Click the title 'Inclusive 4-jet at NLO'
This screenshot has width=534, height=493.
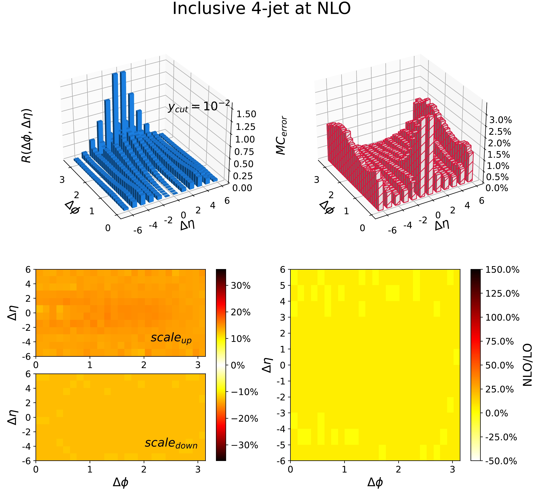[261, 9]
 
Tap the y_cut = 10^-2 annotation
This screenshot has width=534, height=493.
[199, 107]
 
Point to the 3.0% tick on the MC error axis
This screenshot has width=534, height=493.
[500, 120]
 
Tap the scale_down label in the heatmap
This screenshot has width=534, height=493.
[171, 443]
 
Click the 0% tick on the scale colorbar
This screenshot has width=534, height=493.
[238, 366]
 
